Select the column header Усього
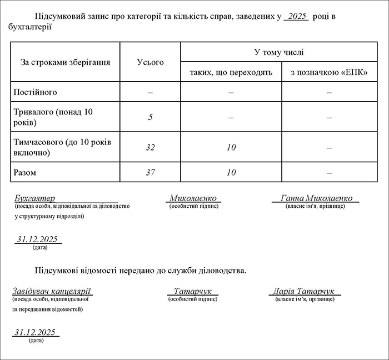[x=151, y=62]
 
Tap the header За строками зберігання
[x=66, y=62]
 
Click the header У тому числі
[x=278, y=52]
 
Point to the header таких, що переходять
[x=231, y=73]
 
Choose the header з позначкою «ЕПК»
[x=329, y=73]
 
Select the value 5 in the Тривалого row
[x=151, y=117]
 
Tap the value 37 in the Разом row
[x=151, y=173]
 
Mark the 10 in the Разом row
[x=231, y=173]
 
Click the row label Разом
[x=26, y=173]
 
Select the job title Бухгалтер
[x=35, y=198]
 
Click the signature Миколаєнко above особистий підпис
[x=193, y=198]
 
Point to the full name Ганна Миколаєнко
[x=316, y=198]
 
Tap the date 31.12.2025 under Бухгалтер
[x=38, y=239]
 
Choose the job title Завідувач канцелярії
[x=52, y=291]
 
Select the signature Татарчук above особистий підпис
[x=193, y=291]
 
